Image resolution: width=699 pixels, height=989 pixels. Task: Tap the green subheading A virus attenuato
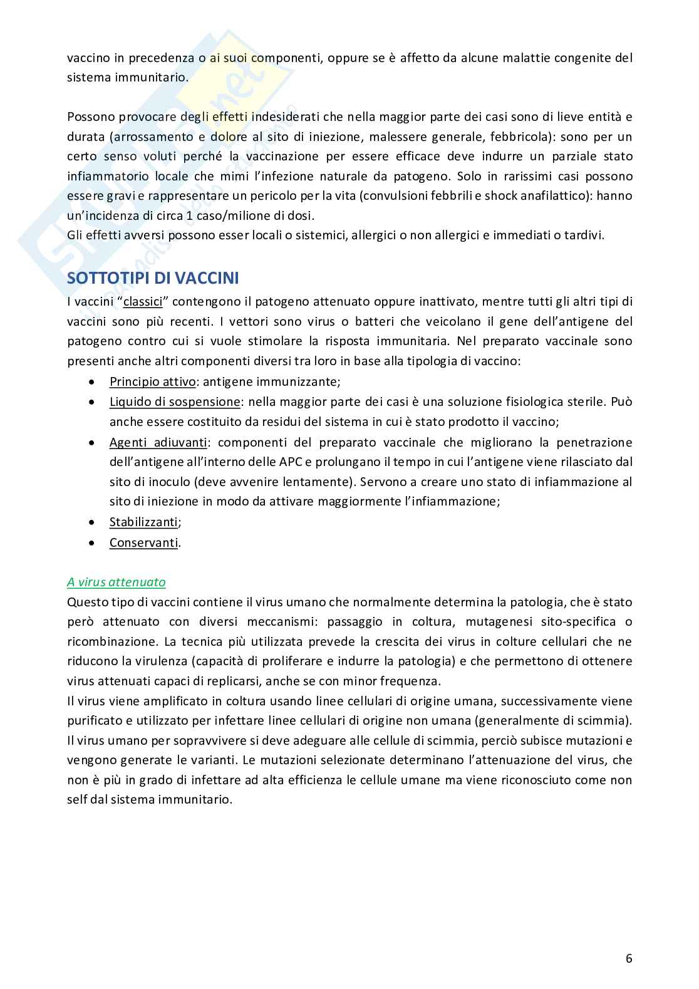[116, 582]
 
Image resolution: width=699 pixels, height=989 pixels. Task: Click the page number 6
[628, 958]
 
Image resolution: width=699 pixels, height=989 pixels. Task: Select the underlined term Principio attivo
[153, 381]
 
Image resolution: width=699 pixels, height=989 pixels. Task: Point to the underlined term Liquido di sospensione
[175, 401]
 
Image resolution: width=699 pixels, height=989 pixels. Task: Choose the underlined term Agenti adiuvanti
[158, 442]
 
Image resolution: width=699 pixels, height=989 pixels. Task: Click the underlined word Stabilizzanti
[143, 522]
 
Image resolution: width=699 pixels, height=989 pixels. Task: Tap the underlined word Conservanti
[144, 542]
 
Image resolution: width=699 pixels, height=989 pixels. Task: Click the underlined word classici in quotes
[143, 301]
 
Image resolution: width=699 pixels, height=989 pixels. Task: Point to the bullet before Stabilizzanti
[92, 522]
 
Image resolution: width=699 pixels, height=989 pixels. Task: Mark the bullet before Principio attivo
[92, 381]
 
